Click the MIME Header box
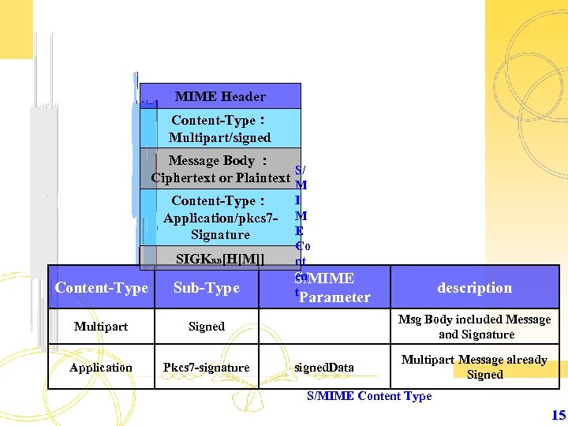220,96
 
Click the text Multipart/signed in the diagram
219,137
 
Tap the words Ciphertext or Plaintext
221,177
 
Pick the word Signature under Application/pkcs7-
220,234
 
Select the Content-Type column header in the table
101,288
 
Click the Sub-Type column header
207,288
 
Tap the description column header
474,287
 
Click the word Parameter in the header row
334,297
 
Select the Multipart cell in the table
101,326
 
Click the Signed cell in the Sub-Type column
207,326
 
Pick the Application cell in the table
101,367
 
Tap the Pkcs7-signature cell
207,367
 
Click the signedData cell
324,367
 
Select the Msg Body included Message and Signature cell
474,327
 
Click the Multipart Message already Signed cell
474,367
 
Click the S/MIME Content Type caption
369,396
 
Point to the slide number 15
558,415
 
